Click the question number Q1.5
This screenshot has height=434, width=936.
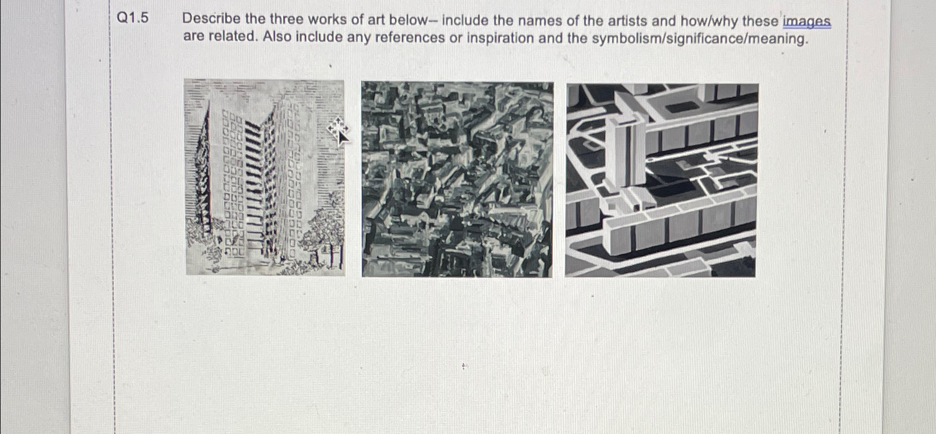pos(133,19)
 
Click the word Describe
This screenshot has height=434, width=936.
pos(211,19)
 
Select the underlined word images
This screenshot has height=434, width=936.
pos(806,22)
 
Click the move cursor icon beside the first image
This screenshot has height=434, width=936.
pos(338,130)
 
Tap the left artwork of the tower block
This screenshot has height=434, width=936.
pos(265,177)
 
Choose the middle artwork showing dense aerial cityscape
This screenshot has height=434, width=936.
pos(457,179)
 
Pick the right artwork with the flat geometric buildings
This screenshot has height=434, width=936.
pos(661,180)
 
